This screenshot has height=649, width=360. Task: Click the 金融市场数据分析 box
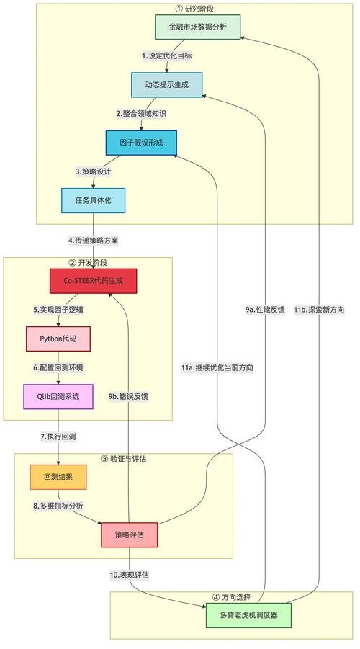(x=197, y=27)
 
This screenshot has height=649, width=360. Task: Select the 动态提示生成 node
(x=166, y=85)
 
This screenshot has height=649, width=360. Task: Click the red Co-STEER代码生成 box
(x=93, y=281)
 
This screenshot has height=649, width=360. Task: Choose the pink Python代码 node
(x=58, y=339)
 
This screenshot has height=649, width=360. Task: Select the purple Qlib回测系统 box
(x=58, y=396)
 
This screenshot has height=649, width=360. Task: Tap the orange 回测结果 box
(x=58, y=477)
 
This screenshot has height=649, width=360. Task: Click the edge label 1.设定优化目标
(x=167, y=55)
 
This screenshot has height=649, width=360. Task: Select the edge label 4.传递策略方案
(x=94, y=240)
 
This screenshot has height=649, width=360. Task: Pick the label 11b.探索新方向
(x=319, y=310)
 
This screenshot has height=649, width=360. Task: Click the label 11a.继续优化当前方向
(x=217, y=367)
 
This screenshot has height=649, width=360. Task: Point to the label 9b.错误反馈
(x=129, y=396)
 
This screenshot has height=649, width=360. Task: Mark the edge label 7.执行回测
(x=58, y=437)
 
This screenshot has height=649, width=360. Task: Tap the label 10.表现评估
(x=130, y=575)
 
